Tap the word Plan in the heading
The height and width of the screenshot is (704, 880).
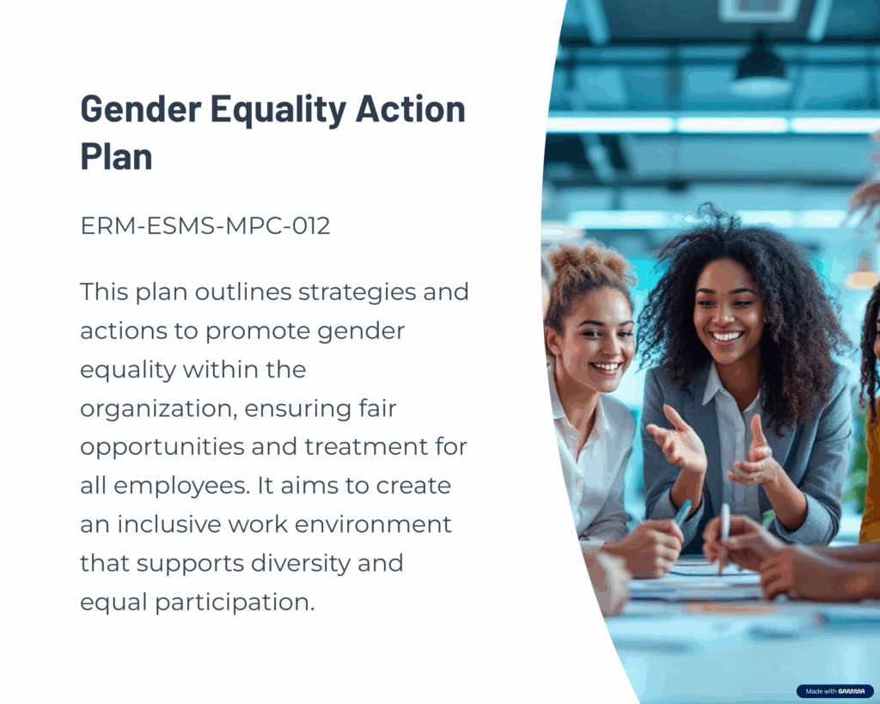(x=116, y=156)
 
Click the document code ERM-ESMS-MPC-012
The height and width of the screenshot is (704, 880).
(x=205, y=226)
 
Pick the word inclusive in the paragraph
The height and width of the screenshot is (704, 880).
(x=169, y=524)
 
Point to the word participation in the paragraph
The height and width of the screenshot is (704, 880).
(x=234, y=603)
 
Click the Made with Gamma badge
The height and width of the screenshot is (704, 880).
(x=835, y=691)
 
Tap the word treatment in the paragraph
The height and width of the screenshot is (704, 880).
(x=366, y=448)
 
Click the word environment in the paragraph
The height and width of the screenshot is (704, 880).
(x=373, y=524)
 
